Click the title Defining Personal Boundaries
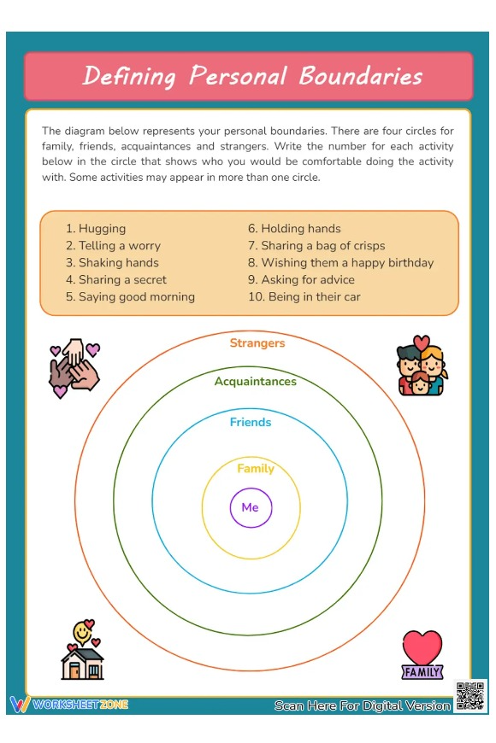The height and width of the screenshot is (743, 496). point(251,76)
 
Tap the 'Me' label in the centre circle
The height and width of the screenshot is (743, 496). point(250,507)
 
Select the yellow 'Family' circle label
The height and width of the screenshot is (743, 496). point(255,468)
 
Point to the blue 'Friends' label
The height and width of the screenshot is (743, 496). point(250,422)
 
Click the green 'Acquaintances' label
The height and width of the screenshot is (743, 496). point(255,381)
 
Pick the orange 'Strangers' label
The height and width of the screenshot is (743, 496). point(257,343)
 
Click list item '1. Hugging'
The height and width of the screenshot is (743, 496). point(96,229)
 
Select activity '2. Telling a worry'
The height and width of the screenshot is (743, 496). point(113,246)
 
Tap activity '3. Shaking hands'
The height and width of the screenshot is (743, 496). point(112,263)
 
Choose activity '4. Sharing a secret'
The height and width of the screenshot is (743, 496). point(116,280)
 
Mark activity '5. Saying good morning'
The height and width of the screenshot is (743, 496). point(130,297)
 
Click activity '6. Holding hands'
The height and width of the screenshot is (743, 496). point(294,229)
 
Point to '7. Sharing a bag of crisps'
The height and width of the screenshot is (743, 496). point(316,246)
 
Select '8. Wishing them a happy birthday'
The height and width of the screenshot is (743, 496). point(340,263)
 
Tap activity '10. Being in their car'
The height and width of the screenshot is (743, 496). point(304,297)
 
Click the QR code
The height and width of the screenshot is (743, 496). point(470,696)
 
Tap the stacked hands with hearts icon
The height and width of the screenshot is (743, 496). point(74,368)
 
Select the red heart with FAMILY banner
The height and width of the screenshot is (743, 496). point(422,655)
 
